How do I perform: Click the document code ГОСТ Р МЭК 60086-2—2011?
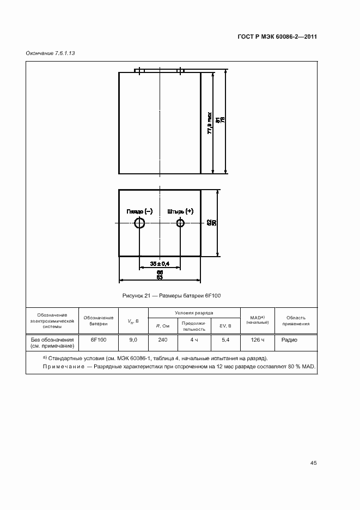pyautogui.click(x=277, y=37)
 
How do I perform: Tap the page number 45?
pyautogui.click(x=313, y=463)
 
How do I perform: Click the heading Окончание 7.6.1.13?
pyautogui.click(x=50, y=54)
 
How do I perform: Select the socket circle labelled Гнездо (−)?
pyautogui.click(x=139, y=223)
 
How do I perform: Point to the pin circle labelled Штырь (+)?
pyautogui.click(x=180, y=223)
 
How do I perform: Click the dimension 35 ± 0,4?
pyautogui.click(x=160, y=264)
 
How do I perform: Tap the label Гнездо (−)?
pyautogui.click(x=139, y=211)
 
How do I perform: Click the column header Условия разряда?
pyautogui.click(x=193, y=313)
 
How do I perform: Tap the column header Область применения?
pyautogui.click(x=296, y=320)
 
